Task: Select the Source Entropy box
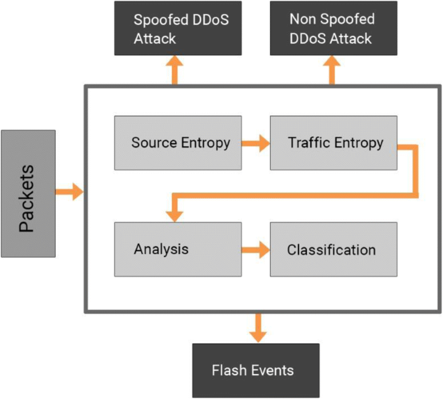[x=178, y=142]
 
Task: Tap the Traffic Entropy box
[x=333, y=142]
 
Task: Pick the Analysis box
[x=178, y=249]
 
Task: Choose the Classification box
[x=333, y=249]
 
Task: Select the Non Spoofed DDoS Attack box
[x=331, y=28]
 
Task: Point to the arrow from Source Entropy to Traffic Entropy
[x=256, y=144]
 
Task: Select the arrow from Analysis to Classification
[x=256, y=250]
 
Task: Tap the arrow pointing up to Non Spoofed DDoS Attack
[x=331, y=71]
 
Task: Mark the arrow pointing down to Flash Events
[x=258, y=327]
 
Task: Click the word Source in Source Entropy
[x=151, y=142]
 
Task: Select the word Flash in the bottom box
[x=228, y=371]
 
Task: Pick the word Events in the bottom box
[x=271, y=371]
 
